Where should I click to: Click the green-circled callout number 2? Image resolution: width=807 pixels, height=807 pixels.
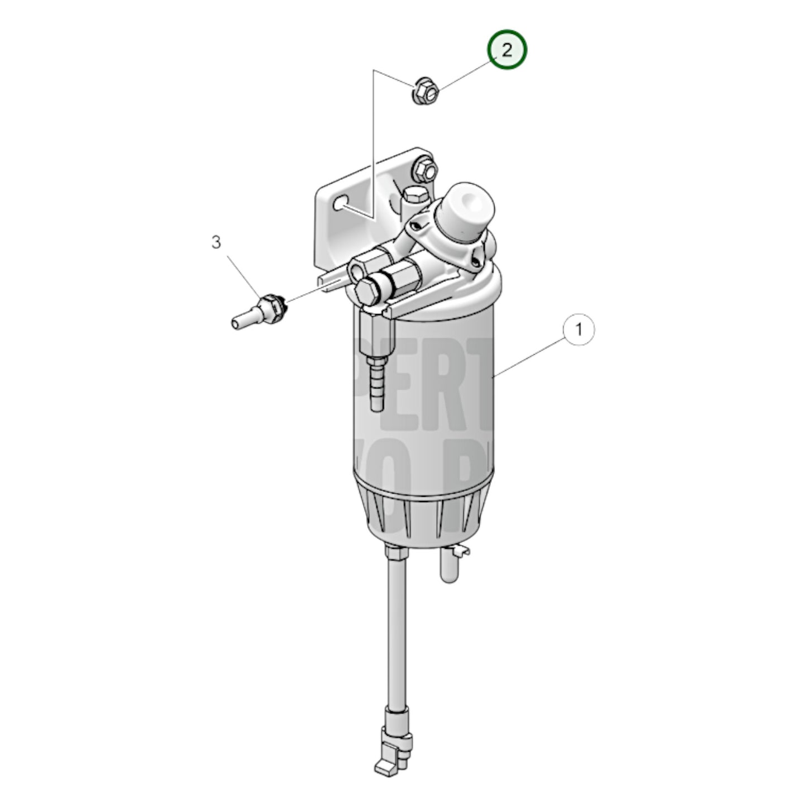click(507, 50)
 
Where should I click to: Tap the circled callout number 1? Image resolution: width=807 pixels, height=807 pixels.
click(579, 330)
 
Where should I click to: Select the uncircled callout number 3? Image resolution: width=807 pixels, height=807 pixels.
click(216, 242)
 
